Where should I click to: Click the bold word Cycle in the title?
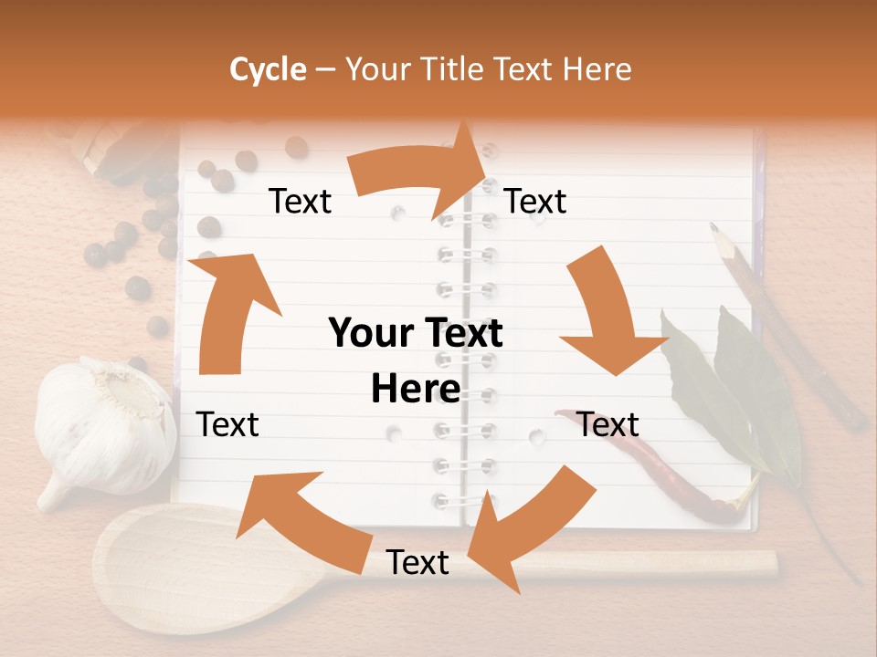tap(268, 69)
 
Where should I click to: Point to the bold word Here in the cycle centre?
tap(416, 390)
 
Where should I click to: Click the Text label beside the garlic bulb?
tap(227, 424)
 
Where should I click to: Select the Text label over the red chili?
tap(608, 424)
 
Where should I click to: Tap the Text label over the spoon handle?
tap(417, 563)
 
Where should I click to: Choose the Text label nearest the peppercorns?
tap(300, 202)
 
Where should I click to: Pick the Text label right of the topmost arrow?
tap(535, 202)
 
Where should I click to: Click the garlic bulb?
tap(105, 424)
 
